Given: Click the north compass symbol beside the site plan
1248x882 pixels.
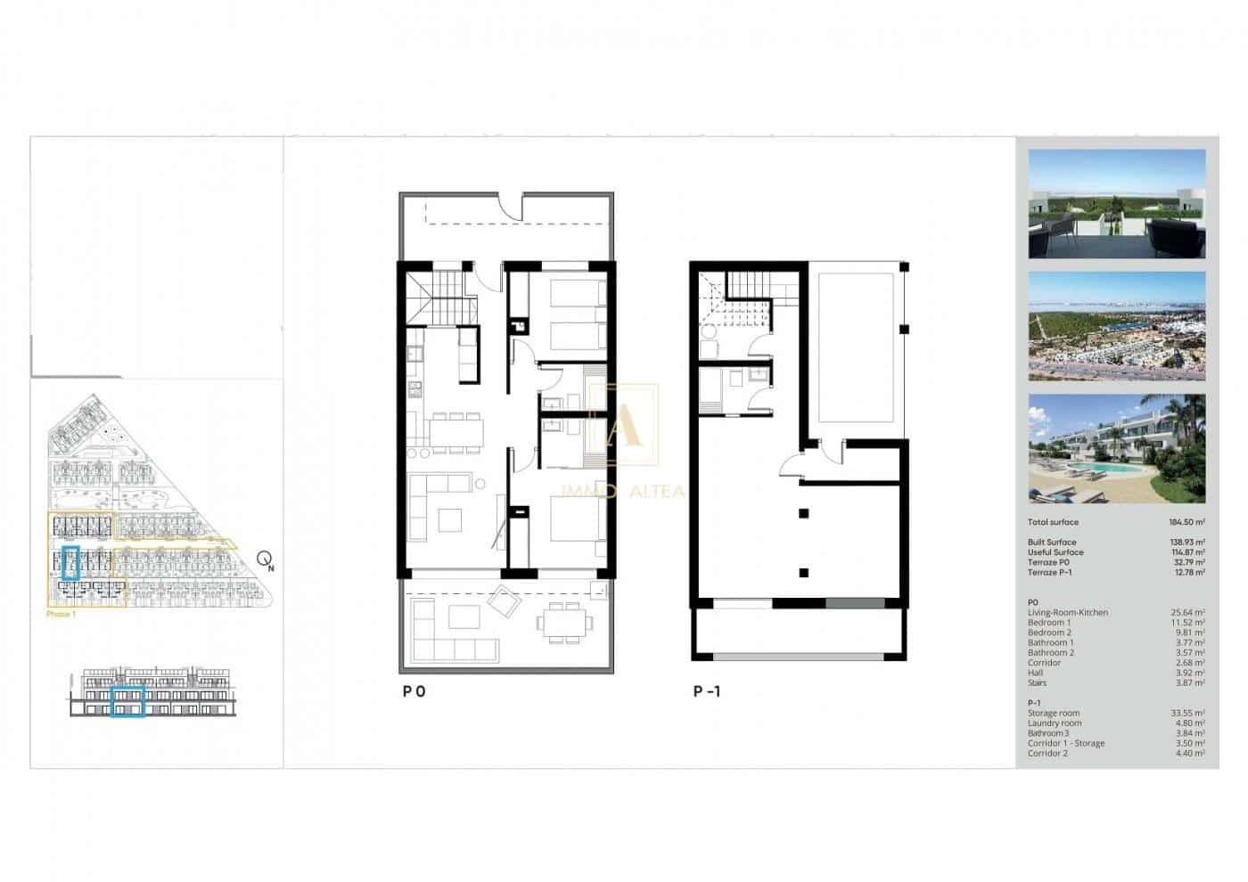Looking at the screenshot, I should tap(265, 560).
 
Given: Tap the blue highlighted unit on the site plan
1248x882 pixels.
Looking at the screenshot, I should tap(72, 563).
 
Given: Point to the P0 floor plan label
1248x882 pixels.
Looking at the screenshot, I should tap(414, 691).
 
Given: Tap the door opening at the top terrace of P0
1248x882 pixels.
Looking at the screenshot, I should tap(511, 206).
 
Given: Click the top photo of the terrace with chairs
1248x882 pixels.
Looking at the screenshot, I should tap(1116, 204).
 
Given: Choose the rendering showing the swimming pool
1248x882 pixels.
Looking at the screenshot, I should tap(1116, 449).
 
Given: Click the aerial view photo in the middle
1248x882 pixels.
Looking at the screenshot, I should tap(1116, 326).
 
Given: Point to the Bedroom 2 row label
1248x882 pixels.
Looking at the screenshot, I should tap(1049, 633).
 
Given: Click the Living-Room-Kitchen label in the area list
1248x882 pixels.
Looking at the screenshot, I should tap(1068, 613).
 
